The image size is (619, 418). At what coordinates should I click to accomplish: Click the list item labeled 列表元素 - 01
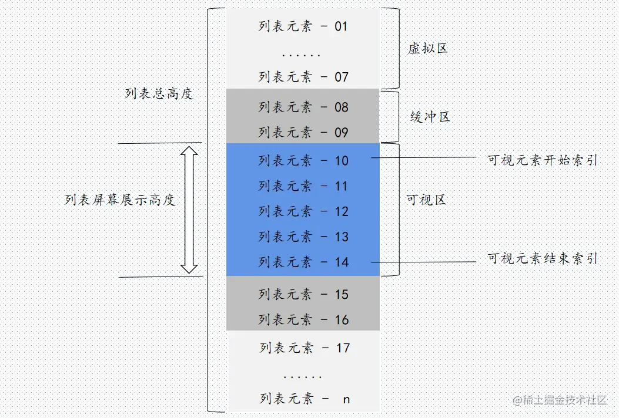click(303, 26)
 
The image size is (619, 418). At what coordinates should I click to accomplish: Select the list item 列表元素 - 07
click(303, 77)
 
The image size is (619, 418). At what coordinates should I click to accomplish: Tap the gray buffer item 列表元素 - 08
click(303, 107)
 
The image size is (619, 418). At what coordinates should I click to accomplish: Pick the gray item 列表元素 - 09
click(303, 133)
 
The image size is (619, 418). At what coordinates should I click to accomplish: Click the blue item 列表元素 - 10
click(303, 161)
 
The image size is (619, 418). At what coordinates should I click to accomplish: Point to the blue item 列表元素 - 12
click(303, 211)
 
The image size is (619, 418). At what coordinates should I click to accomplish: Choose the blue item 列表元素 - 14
click(303, 262)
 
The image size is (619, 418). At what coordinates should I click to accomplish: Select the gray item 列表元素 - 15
click(303, 295)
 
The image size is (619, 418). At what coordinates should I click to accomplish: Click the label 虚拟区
click(428, 49)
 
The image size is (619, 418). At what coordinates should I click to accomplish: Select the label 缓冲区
click(430, 117)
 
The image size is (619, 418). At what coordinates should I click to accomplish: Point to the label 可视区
click(426, 200)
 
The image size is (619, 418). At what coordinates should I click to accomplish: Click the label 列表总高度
click(159, 94)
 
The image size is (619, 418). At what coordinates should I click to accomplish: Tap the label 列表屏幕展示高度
click(120, 200)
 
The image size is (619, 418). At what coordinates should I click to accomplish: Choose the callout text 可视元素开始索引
click(542, 160)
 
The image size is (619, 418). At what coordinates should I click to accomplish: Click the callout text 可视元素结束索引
click(542, 258)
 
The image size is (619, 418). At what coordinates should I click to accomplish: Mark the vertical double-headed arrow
click(189, 210)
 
